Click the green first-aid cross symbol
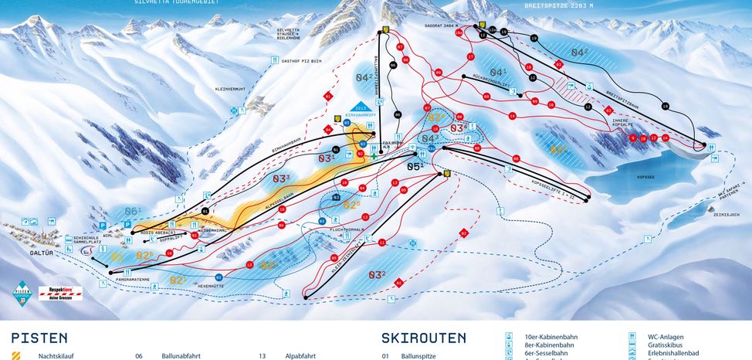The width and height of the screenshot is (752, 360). click(374, 156)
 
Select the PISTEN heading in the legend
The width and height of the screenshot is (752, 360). click(39, 338)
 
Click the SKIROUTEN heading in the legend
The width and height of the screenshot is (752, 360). click(423, 338)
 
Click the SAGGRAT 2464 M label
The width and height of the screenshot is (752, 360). click(441, 25)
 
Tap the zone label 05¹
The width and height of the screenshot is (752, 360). click(416, 165)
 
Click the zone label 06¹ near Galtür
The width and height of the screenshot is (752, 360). click(133, 211)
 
